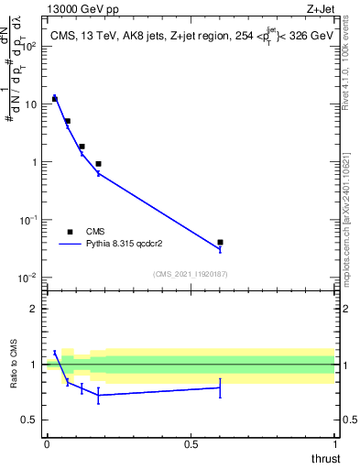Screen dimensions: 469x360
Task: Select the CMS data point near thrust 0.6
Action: [x=220, y=242]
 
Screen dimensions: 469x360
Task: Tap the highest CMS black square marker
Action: [x=55, y=98]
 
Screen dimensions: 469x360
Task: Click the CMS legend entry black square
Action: [x=70, y=232]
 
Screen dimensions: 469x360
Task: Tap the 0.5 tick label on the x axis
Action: [x=191, y=444]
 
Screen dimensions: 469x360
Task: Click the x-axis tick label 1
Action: [x=335, y=444]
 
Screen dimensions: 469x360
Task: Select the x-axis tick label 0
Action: [x=47, y=444]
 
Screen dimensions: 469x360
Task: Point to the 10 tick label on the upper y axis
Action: [x=29, y=104]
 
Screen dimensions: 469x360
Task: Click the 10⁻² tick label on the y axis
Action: [x=27, y=278]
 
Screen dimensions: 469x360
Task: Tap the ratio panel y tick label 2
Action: [x=34, y=309]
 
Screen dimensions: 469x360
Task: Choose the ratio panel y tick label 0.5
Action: [x=29, y=420]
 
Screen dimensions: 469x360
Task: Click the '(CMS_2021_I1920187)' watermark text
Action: [x=191, y=274]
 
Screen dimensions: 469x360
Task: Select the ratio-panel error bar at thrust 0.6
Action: [x=220, y=387]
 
